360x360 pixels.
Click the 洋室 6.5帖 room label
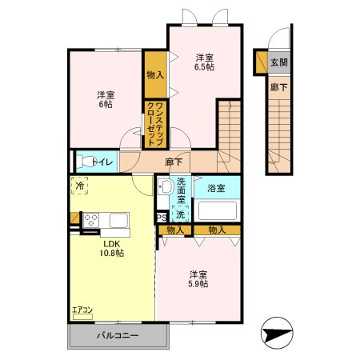(x=205, y=62)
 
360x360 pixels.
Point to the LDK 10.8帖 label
(x=111, y=248)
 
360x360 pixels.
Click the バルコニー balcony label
(x=118, y=336)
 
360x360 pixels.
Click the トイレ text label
(x=102, y=162)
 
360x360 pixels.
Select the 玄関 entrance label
(x=278, y=62)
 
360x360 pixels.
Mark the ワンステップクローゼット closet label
(x=154, y=124)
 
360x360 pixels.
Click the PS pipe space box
(x=162, y=216)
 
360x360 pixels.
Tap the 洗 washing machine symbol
(x=181, y=214)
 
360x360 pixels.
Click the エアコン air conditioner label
(x=83, y=309)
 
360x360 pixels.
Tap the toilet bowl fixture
(x=87, y=161)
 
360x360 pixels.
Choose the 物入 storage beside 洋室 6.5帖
(x=155, y=74)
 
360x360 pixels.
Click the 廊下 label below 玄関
(x=278, y=87)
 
